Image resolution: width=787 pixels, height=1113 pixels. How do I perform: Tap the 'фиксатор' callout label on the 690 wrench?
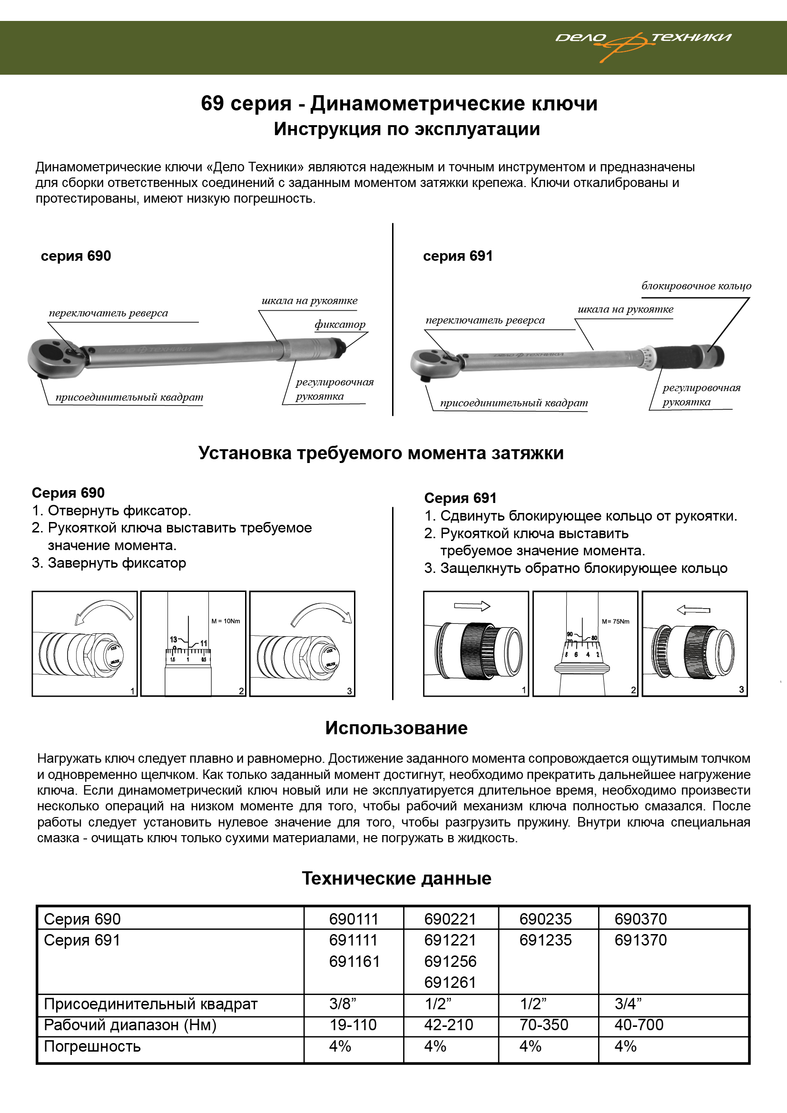pos(340,325)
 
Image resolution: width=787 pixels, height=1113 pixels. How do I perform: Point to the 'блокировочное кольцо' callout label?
pos(696,286)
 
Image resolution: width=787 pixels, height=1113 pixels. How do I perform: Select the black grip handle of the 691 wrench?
pos(677,357)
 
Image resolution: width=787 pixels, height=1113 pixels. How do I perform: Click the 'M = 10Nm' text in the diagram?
pos(226,621)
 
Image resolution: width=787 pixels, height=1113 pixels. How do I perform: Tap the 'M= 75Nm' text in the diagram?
pos(615,621)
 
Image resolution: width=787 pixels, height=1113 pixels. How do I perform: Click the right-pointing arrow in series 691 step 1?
pos(472,606)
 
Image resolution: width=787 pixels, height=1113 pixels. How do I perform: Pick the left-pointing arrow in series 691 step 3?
pos(693,610)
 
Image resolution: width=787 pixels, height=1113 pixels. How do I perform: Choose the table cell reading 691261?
pos(450,983)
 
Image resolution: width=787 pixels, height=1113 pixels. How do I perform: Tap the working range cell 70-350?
pos(543,1025)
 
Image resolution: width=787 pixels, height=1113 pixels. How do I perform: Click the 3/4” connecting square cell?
pos(628,1004)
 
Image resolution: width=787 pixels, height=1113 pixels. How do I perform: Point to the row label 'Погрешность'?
pos(92,1046)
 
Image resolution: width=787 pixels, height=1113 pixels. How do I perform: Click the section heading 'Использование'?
pos(396,728)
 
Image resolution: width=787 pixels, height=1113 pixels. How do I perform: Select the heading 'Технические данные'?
pos(396,878)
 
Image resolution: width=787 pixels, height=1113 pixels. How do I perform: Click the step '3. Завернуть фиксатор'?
pos(109,563)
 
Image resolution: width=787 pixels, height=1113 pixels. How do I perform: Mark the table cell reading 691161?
pos(354,961)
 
